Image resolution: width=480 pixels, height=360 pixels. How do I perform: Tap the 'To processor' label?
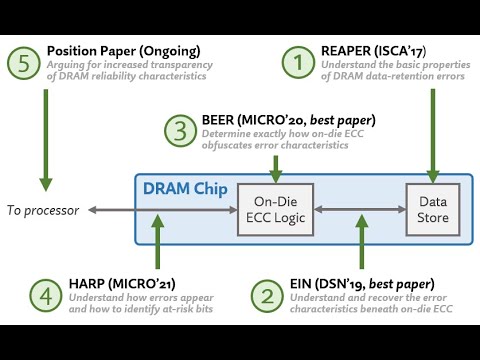43,210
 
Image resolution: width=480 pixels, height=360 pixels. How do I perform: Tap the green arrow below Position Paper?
44,140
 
